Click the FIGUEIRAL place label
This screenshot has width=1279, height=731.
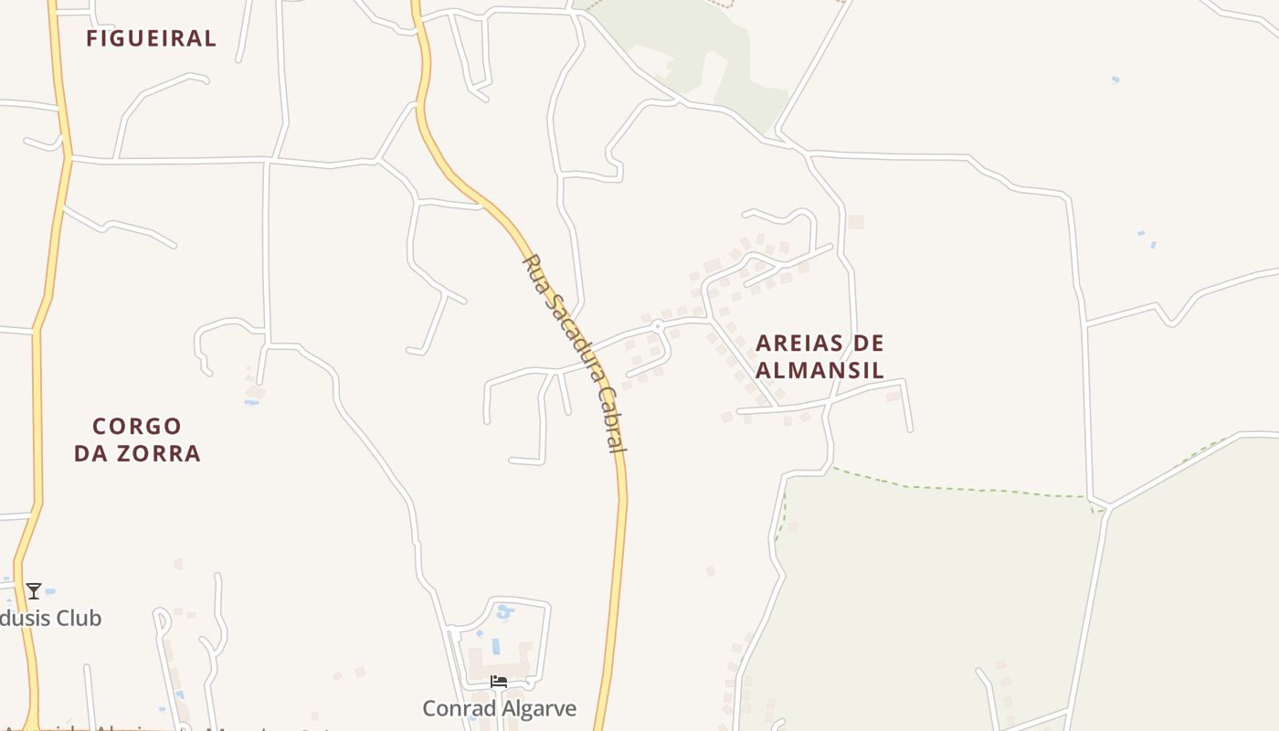click(x=151, y=38)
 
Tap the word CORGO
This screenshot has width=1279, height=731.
click(x=137, y=427)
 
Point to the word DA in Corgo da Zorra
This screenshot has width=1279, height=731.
click(x=90, y=453)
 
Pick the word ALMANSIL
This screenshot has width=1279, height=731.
click(x=819, y=370)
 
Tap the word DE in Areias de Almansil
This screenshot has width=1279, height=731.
click(x=869, y=344)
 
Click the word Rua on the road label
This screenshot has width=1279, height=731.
click(x=533, y=270)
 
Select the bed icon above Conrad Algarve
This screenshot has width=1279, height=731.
click(x=499, y=682)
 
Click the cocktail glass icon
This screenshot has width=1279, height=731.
click(x=34, y=591)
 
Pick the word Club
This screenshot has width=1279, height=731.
click(x=78, y=619)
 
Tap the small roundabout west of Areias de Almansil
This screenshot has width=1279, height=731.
click(x=657, y=325)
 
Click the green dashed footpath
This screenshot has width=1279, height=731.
click(x=959, y=489)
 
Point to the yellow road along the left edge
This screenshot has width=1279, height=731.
click(x=37, y=411)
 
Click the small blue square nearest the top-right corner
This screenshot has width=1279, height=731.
click(x=1115, y=80)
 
